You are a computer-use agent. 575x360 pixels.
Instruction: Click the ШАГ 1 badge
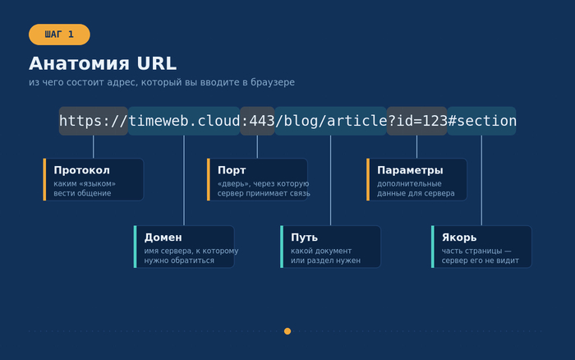[x=59, y=35]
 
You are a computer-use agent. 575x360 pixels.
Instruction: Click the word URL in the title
[x=157, y=63]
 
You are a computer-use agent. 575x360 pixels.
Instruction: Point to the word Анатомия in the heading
[x=79, y=63]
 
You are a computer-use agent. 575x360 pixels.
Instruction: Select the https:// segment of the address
[x=94, y=121]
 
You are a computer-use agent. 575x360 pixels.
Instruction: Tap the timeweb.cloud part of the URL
[x=184, y=121]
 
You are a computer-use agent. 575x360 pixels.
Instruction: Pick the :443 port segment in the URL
[x=257, y=121]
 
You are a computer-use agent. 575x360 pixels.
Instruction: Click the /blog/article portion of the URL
[x=331, y=121]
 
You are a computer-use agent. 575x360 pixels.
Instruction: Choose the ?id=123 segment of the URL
[x=417, y=121]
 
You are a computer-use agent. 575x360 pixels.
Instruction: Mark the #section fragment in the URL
[x=482, y=121]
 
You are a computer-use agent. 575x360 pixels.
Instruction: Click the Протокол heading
[x=82, y=170]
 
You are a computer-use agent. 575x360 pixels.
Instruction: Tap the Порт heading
[x=232, y=170]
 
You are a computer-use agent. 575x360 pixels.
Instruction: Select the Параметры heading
[x=410, y=170]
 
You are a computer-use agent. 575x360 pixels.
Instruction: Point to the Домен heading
[x=163, y=238]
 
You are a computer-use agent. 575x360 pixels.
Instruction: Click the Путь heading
[x=305, y=238]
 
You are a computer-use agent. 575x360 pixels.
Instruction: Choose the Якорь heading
[x=459, y=238]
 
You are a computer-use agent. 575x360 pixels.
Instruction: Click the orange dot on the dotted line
[x=287, y=331]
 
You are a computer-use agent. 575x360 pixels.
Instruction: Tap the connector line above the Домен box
[x=184, y=180]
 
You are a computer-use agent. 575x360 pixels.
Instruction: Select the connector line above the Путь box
[x=331, y=180]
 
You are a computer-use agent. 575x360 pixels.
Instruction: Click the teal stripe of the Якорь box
[x=433, y=247]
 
